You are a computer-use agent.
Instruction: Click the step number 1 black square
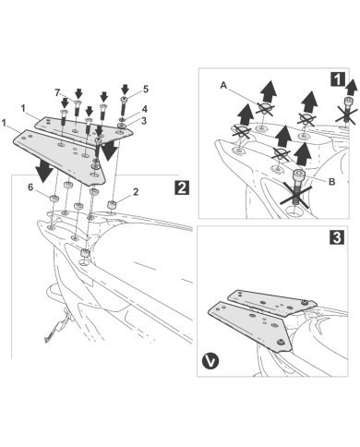[338, 79]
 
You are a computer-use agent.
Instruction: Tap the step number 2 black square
[182, 187]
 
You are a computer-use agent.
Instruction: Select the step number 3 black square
[337, 237]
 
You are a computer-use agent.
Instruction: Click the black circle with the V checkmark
[210, 361]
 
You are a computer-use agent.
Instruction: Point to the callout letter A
[223, 85]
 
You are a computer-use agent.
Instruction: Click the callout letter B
[331, 182]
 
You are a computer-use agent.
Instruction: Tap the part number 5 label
[145, 90]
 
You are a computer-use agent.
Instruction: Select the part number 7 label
[57, 92]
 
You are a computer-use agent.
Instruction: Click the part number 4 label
[144, 109]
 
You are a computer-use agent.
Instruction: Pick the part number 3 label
[144, 121]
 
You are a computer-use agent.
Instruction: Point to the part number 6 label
[30, 187]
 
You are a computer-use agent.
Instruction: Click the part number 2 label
[136, 192]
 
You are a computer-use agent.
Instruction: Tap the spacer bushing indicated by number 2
[112, 205]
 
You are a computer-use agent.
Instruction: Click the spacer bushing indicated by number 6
[54, 199]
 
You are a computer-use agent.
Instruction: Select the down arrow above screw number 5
[125, 90]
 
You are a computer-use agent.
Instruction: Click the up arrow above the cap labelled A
[269, 91]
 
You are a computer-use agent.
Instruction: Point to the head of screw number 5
[124, 99]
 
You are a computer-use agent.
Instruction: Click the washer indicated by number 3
[122, 126]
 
